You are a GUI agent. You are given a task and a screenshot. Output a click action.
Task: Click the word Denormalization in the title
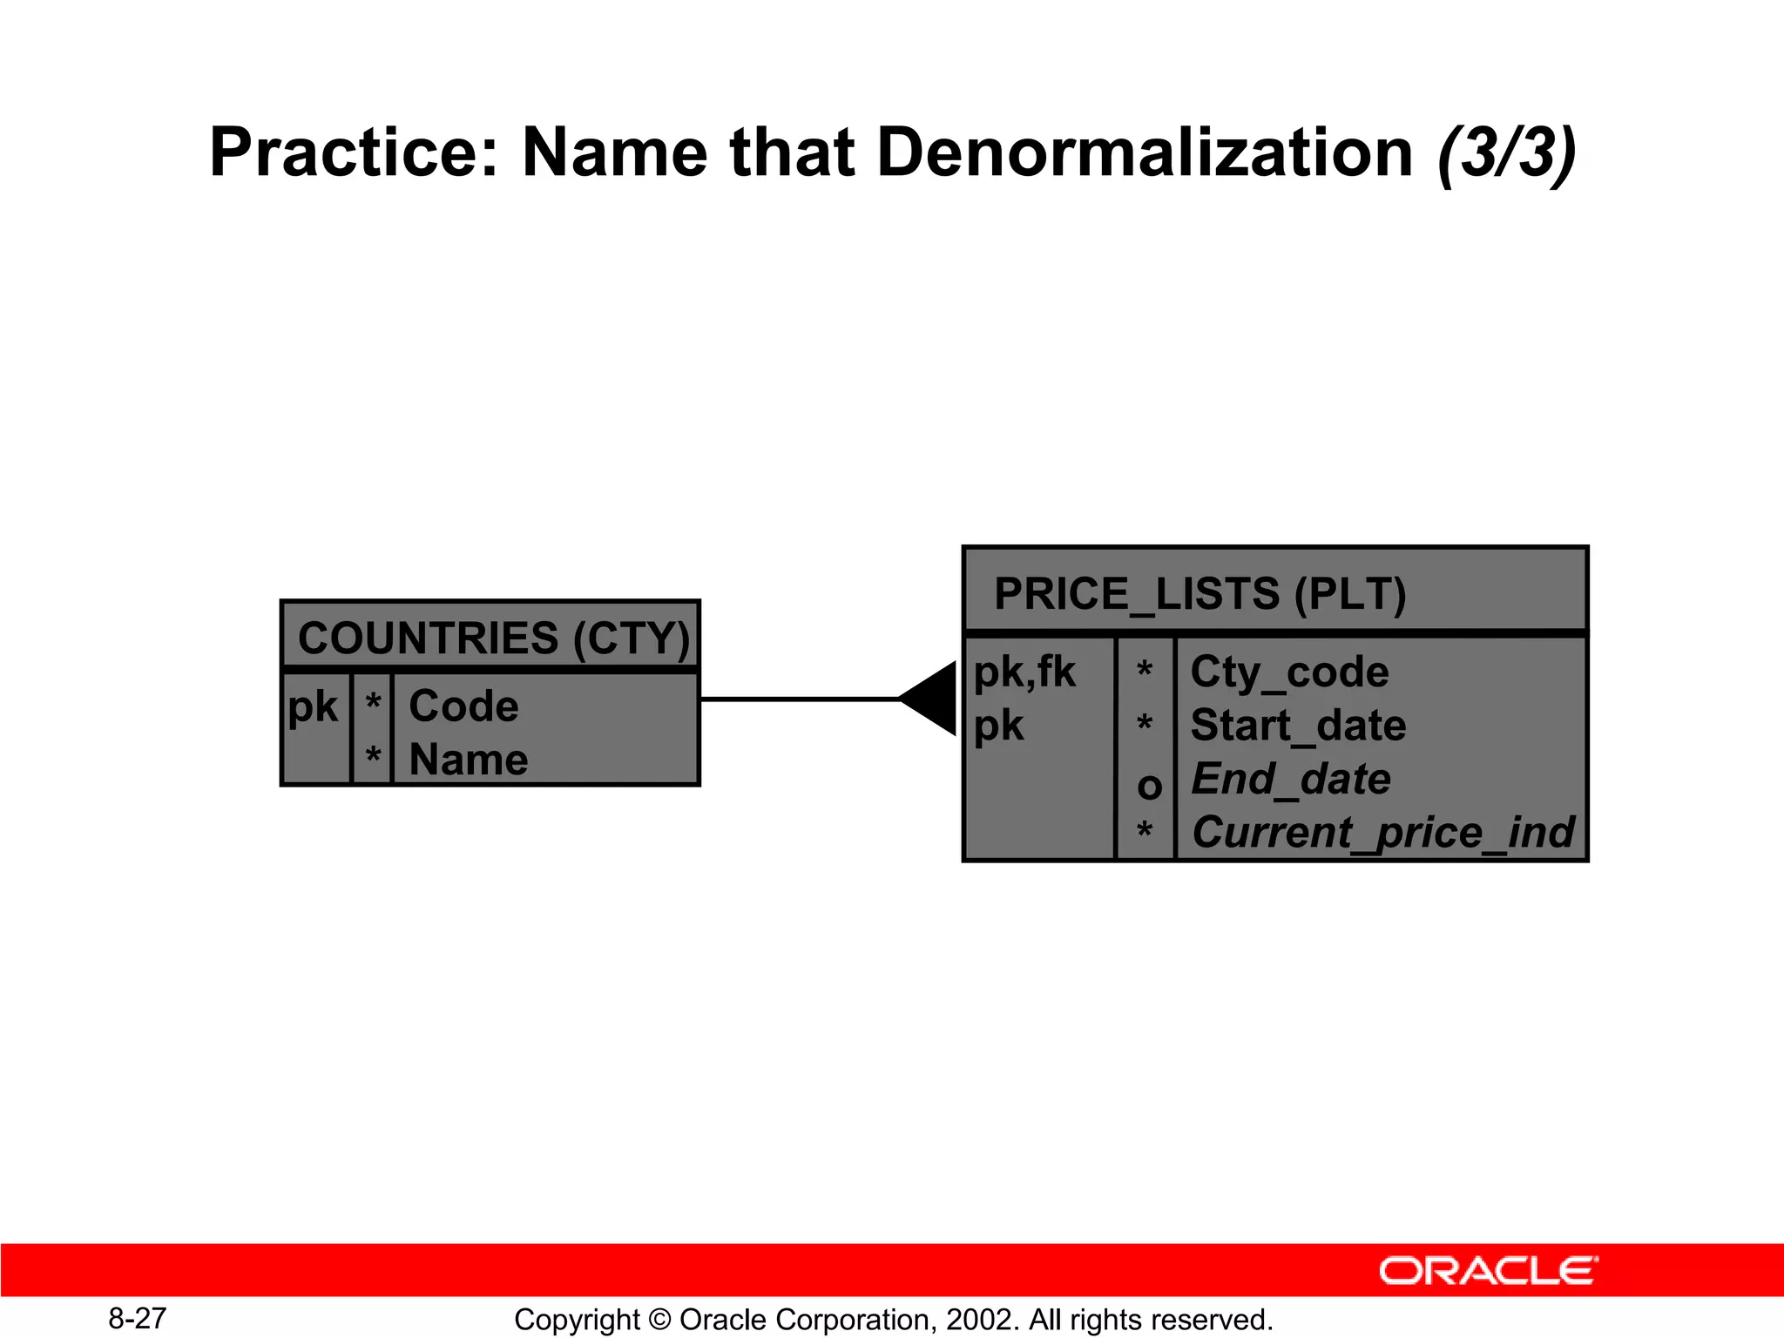click(1145, 152)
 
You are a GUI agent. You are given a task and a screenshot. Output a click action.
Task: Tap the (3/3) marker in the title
click(1506, 154)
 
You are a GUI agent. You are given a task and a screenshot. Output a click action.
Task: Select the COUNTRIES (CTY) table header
click(493, 638)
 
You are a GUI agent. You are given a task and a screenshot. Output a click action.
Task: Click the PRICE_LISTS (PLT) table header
click(1199, 594)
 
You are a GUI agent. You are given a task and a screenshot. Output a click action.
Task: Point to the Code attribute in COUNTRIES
click(463, 706)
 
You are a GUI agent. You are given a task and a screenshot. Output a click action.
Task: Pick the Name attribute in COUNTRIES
click(469, 760)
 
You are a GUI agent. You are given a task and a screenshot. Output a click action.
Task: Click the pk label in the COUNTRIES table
click(313, 706)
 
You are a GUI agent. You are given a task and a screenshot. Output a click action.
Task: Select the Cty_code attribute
click(1289, 672)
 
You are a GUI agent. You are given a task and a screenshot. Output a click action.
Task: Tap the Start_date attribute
click(1298, 726)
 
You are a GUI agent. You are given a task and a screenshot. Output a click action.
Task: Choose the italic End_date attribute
click(1290, 779)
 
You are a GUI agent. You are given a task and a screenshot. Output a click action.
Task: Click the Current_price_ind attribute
click(1382, 832)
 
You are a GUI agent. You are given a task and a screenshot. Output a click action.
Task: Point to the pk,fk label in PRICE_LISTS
click(1024, 672)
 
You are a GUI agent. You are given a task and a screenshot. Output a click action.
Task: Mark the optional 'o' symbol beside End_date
click(1149, 787)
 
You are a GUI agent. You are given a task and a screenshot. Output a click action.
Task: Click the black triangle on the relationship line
click(933, 699)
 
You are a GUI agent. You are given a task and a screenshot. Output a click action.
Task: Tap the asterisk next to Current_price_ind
click(1145, 831)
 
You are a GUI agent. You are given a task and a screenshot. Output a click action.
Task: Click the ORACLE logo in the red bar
click(1488, 1271)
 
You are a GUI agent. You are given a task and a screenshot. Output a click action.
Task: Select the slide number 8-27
click(137, 1318)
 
